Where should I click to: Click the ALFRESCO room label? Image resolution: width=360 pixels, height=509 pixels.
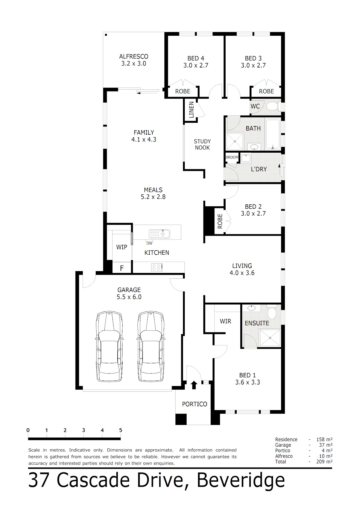[x=133, y=56]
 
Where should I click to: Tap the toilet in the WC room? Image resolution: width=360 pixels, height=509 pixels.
[x=272, y=106]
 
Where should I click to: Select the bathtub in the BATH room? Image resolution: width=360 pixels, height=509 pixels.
[x=273, y=134]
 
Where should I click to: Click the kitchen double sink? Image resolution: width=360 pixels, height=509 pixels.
[x=159, y=234]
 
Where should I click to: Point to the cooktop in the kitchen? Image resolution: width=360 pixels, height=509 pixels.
[x=157, y=267]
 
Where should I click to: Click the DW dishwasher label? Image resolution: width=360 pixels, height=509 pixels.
[x=149, y=243]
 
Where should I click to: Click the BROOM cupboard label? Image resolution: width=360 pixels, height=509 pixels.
[x=232, y=157]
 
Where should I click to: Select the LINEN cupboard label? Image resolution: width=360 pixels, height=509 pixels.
[x=191, y=110]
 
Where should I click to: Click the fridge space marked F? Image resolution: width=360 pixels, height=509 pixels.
[x=122, y=268]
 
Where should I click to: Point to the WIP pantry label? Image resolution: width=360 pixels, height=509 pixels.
[x=121, y=247]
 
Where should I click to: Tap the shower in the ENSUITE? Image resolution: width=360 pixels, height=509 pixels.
[x=270, y=338]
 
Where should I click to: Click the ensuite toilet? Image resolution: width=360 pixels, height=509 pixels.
[x=271, y=313]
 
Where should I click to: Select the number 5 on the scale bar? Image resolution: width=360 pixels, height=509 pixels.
[x=121, y=430]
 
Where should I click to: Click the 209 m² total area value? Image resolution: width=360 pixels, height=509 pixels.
[x=324, y=462]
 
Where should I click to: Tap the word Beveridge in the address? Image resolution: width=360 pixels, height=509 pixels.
[x=241, y=480]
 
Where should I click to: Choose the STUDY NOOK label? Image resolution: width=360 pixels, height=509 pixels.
[x=202, y=145]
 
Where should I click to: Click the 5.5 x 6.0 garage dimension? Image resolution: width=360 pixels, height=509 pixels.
[x=129, y=297]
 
